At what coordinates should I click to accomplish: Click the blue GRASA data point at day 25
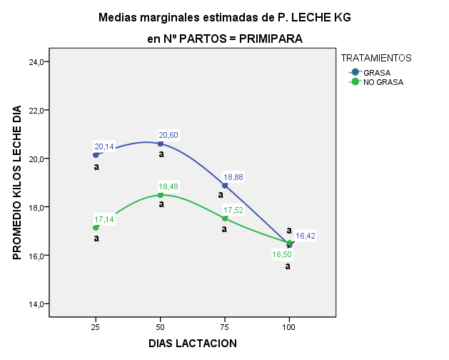(x=96, y=155)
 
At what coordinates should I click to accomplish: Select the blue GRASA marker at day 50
(x=161, y=144)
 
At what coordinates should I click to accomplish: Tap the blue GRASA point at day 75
(x=225, y=186)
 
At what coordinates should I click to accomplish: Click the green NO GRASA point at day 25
(x=96, y=228)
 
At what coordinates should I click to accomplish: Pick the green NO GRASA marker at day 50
(x=161, y=195)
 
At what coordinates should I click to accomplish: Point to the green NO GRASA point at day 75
(x=225, y=219)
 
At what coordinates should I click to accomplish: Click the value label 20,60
(x=168, y=135)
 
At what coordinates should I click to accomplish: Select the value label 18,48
(x=168, y=186)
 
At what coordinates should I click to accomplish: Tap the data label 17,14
(x=104, y=219)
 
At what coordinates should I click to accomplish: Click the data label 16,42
(x=306, y=235)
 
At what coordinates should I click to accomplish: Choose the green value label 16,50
(x=282, y=254)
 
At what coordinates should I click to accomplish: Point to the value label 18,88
(x=233, y=177)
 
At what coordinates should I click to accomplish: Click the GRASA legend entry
(x=376, y=72)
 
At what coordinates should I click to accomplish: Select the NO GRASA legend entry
(x=383, y=82)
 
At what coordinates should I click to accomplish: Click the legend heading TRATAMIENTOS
(x=376, y=57)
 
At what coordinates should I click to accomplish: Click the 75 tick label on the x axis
(x=225, y=326)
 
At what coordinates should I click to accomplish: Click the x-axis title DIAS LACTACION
(x=193, y=343)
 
